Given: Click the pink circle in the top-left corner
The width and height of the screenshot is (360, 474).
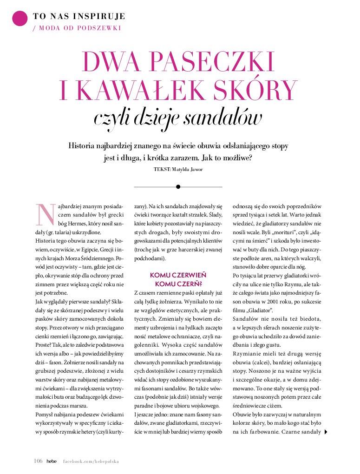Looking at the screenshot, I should coord(20,19).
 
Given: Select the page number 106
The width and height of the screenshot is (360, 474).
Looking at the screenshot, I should coord(38,461).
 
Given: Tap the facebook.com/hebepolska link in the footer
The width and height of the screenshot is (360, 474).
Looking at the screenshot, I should coord(91,461).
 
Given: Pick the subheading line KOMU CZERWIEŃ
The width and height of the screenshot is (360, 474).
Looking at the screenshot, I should coord(178,275).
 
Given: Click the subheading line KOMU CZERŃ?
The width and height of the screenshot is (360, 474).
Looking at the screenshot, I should coord(178,283).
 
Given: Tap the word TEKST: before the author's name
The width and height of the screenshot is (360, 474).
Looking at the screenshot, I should coord(162,169).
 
